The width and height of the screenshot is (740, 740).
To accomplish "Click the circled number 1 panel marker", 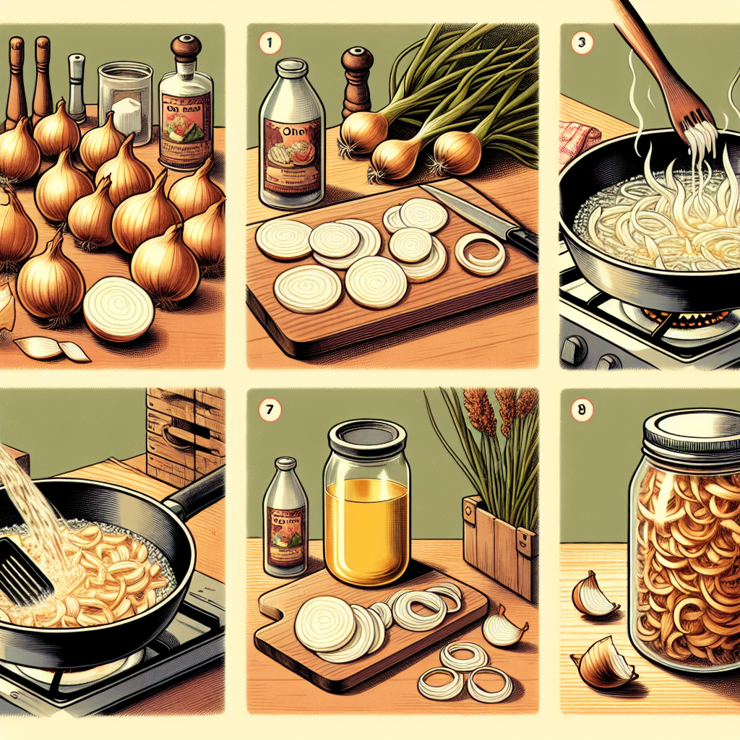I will point(268,42).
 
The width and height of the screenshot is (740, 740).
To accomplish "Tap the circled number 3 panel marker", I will point(582,42).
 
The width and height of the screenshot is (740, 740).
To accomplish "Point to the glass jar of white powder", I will point(124,101).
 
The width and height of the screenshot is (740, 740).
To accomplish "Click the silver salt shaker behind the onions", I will point(77,87).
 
